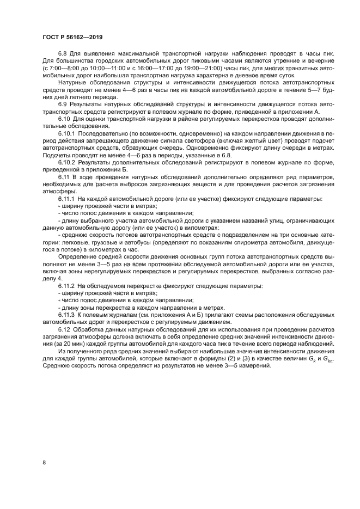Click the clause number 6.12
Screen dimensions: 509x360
65,330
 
